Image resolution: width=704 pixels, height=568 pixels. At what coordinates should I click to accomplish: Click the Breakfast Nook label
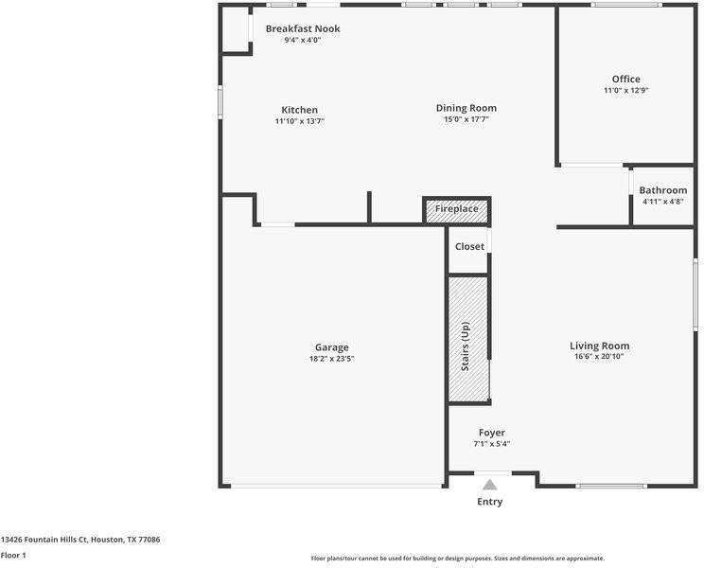pyautogui.click(x=303, y=28)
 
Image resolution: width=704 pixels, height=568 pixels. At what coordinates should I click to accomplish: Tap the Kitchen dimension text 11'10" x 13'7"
pyautogui.click(x=299, y=121)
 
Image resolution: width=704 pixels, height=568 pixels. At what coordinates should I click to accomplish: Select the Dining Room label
pyautogui.click(x=466, y=108)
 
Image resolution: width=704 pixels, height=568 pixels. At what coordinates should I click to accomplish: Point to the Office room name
pyautogui.click(x=625, y=79)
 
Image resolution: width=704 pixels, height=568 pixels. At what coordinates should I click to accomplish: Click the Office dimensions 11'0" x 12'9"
pyautogui.click(x=625, y=90)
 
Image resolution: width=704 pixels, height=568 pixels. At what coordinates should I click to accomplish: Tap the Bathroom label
pyautogui.click(x=662, y=190)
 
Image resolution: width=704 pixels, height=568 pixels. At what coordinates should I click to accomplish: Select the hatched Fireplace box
pyautogui.click(x=457, y=209)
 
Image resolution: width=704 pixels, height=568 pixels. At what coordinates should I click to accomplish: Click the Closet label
pyautogui.click(x=469, y=246)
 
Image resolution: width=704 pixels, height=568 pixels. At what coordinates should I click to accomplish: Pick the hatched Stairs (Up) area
pyautogui.click(x=468, y=339)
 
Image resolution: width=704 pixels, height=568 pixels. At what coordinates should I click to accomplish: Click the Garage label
pyautogui.click(x=332, y=347)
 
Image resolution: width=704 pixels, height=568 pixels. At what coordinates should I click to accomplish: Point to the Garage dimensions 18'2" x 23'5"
pyautogui.click(x=332, y=359)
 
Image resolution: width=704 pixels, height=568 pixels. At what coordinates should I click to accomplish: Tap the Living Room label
pyautogui.click(x=599, y=346)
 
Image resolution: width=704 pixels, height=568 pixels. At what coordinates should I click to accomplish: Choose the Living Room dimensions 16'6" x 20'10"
pyautogui.click(x=599, y=357)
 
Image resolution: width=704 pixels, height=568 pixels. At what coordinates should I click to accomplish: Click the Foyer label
pyautogui.click(x=492, y=433)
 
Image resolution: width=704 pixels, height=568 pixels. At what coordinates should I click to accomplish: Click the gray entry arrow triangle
pyautogui.click(x=490, y=485)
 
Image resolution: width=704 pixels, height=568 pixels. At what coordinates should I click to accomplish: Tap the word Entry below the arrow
pyautogui.click(x=490, y=502)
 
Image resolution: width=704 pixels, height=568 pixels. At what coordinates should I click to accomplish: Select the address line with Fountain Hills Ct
pyautogui.click(x=80, y=540)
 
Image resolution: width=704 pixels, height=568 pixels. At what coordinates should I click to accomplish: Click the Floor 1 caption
pyautogui.click(x=13, y=556)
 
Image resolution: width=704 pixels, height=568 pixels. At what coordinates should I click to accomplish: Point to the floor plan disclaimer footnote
pyautogui.click(x=458, y=559)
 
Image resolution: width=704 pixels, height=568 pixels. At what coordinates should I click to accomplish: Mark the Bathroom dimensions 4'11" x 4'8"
pyautogui.click(x=662, y=202)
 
